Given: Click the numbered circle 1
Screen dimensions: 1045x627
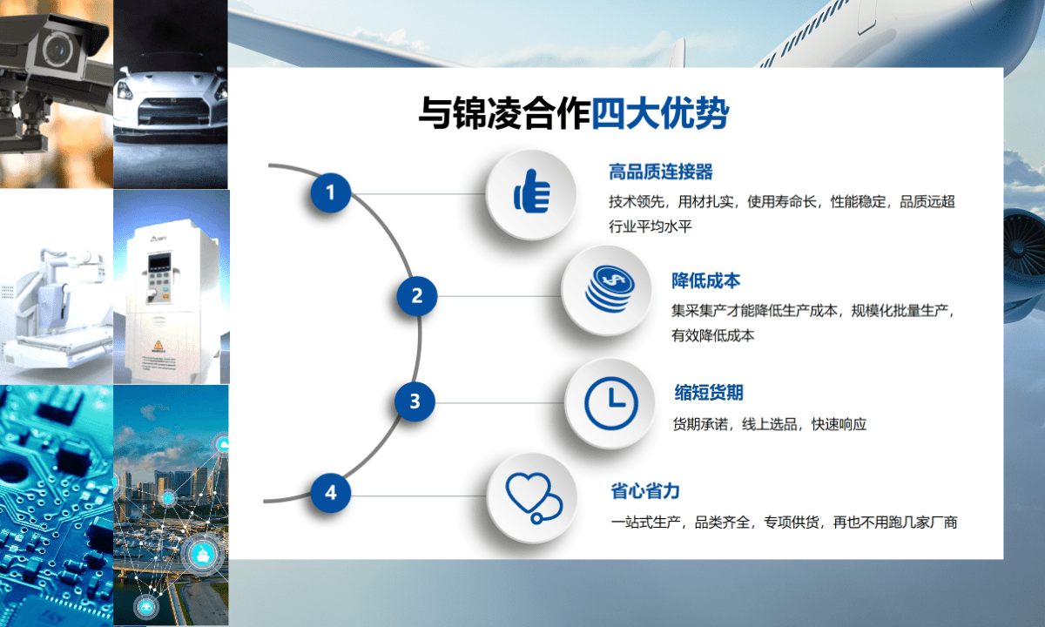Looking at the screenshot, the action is coord(331,192).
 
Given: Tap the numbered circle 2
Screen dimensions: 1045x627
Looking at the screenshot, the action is coord(417,296).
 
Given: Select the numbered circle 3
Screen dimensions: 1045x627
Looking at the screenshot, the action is coord(415,401).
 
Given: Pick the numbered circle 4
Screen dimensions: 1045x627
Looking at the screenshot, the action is coord(331,493).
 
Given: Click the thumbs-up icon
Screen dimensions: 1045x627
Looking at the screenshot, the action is coord(532,192).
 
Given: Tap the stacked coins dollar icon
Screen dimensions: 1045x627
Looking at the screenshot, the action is coord(610,288).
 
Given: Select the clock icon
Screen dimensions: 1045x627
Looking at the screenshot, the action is coord(610,403).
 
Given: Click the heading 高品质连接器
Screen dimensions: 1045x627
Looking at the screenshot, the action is coord(661,172).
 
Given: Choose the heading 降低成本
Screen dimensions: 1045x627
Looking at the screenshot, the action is coord(706,280).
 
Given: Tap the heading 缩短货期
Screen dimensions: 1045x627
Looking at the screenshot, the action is coord(709,393).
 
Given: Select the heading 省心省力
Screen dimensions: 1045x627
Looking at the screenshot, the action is coord(645,491).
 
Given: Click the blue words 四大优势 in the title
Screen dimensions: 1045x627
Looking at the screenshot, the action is coord(660,113).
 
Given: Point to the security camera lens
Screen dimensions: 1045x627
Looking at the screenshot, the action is coord(59,49).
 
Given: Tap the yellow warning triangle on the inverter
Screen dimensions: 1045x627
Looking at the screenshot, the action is coord(158,345).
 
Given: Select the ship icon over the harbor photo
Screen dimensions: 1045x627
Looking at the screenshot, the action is coord(203,555).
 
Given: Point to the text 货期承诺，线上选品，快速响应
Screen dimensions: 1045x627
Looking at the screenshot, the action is coord(769,424).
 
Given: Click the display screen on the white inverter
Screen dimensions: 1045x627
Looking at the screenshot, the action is coord(159,263).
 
